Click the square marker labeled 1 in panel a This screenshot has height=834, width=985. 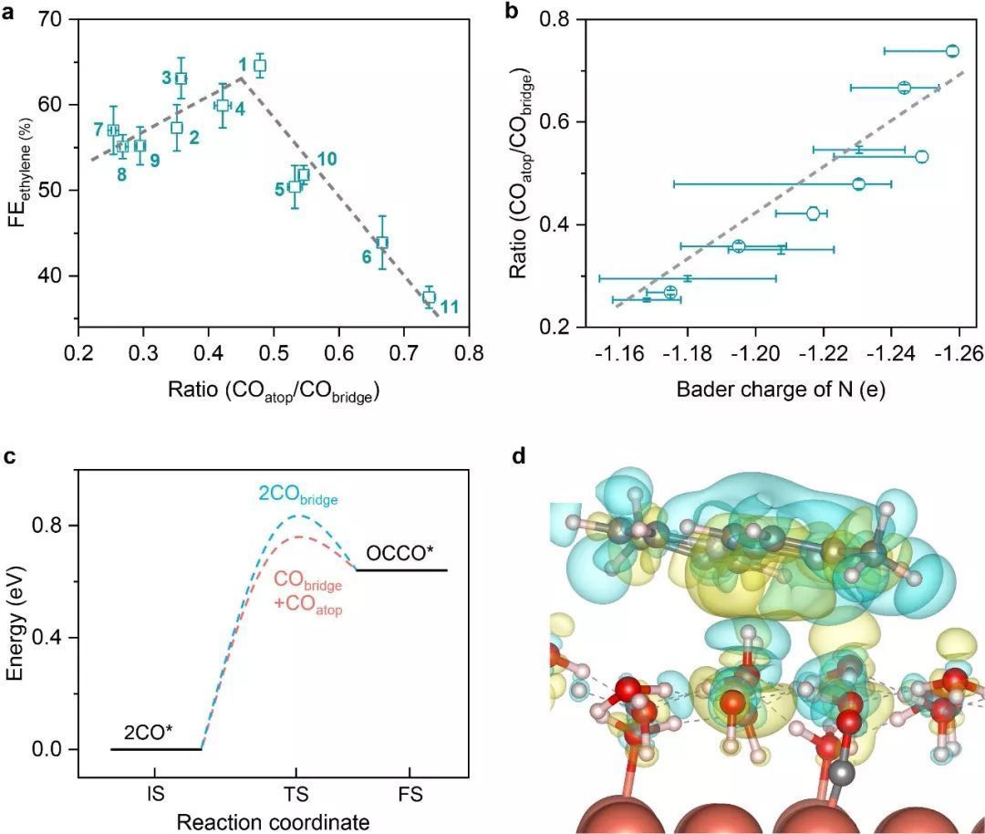click(x=260, y=66)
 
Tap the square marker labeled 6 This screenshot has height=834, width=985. click(x=382, y=242)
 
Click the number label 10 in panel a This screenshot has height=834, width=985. click(x=327, y=159)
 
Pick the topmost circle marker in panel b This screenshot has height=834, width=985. click(x=952, y=51)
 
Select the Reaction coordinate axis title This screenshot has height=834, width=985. click(x=274, y=821)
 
